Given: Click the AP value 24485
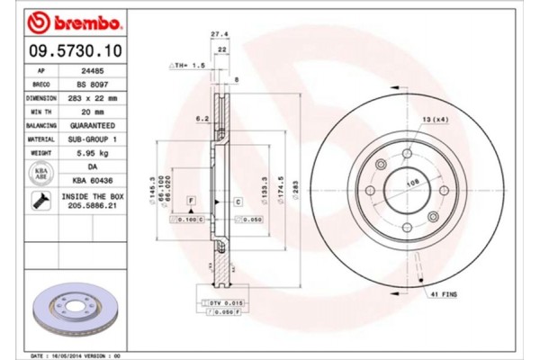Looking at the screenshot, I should (x=94, y=69).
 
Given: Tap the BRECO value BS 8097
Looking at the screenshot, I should (x=94, y=84).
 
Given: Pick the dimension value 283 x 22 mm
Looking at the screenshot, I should (x=94, y=97).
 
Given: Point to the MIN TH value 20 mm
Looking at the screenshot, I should (x=94, y=111).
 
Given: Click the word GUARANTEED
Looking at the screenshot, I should (x=94, y=125).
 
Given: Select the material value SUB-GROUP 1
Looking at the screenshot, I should (x=94, y=139).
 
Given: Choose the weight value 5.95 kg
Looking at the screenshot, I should (x=94, y=153).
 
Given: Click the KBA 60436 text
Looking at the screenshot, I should (x=94, y=182).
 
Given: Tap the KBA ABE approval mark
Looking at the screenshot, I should (x=40, y=174).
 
